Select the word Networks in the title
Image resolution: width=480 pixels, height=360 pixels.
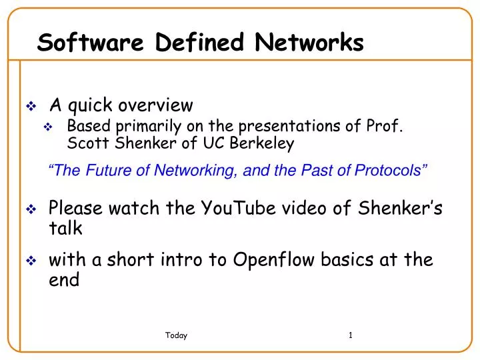pyautogui.click(x=310, y=43)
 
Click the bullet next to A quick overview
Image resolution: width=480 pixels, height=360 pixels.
pyautogui.click(x=31, y=106)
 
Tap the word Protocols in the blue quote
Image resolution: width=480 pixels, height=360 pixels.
pyautogui.click(x=391, y=171)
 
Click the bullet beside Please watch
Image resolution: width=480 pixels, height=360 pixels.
pyautogui.click(x=31, y=209)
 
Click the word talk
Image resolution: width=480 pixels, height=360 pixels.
pyautogui.click(x=65, y=229)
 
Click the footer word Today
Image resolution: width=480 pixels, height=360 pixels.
pyautogui.click(x=176, y=336)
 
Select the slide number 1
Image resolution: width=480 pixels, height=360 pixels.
pyautogui.click(x=351, y=335)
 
